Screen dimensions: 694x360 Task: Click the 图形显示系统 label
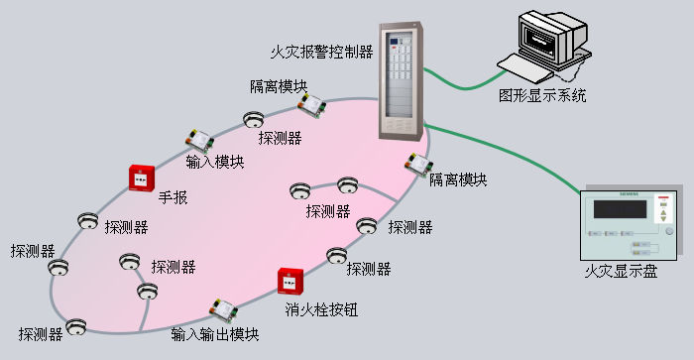coord(542,97)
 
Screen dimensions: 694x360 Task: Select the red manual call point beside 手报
coord(141,177)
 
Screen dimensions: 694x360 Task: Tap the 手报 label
coord(173,197)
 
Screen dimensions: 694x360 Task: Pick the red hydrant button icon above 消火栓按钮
coord(289,282)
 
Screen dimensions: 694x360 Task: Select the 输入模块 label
coord(215,162)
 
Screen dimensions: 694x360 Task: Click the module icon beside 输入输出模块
coord(223,309)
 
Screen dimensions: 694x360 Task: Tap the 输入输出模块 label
coord(215,334)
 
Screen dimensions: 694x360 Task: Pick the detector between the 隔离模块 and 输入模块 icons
coord(255,120)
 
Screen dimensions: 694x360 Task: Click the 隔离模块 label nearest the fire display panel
coord(458,180)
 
